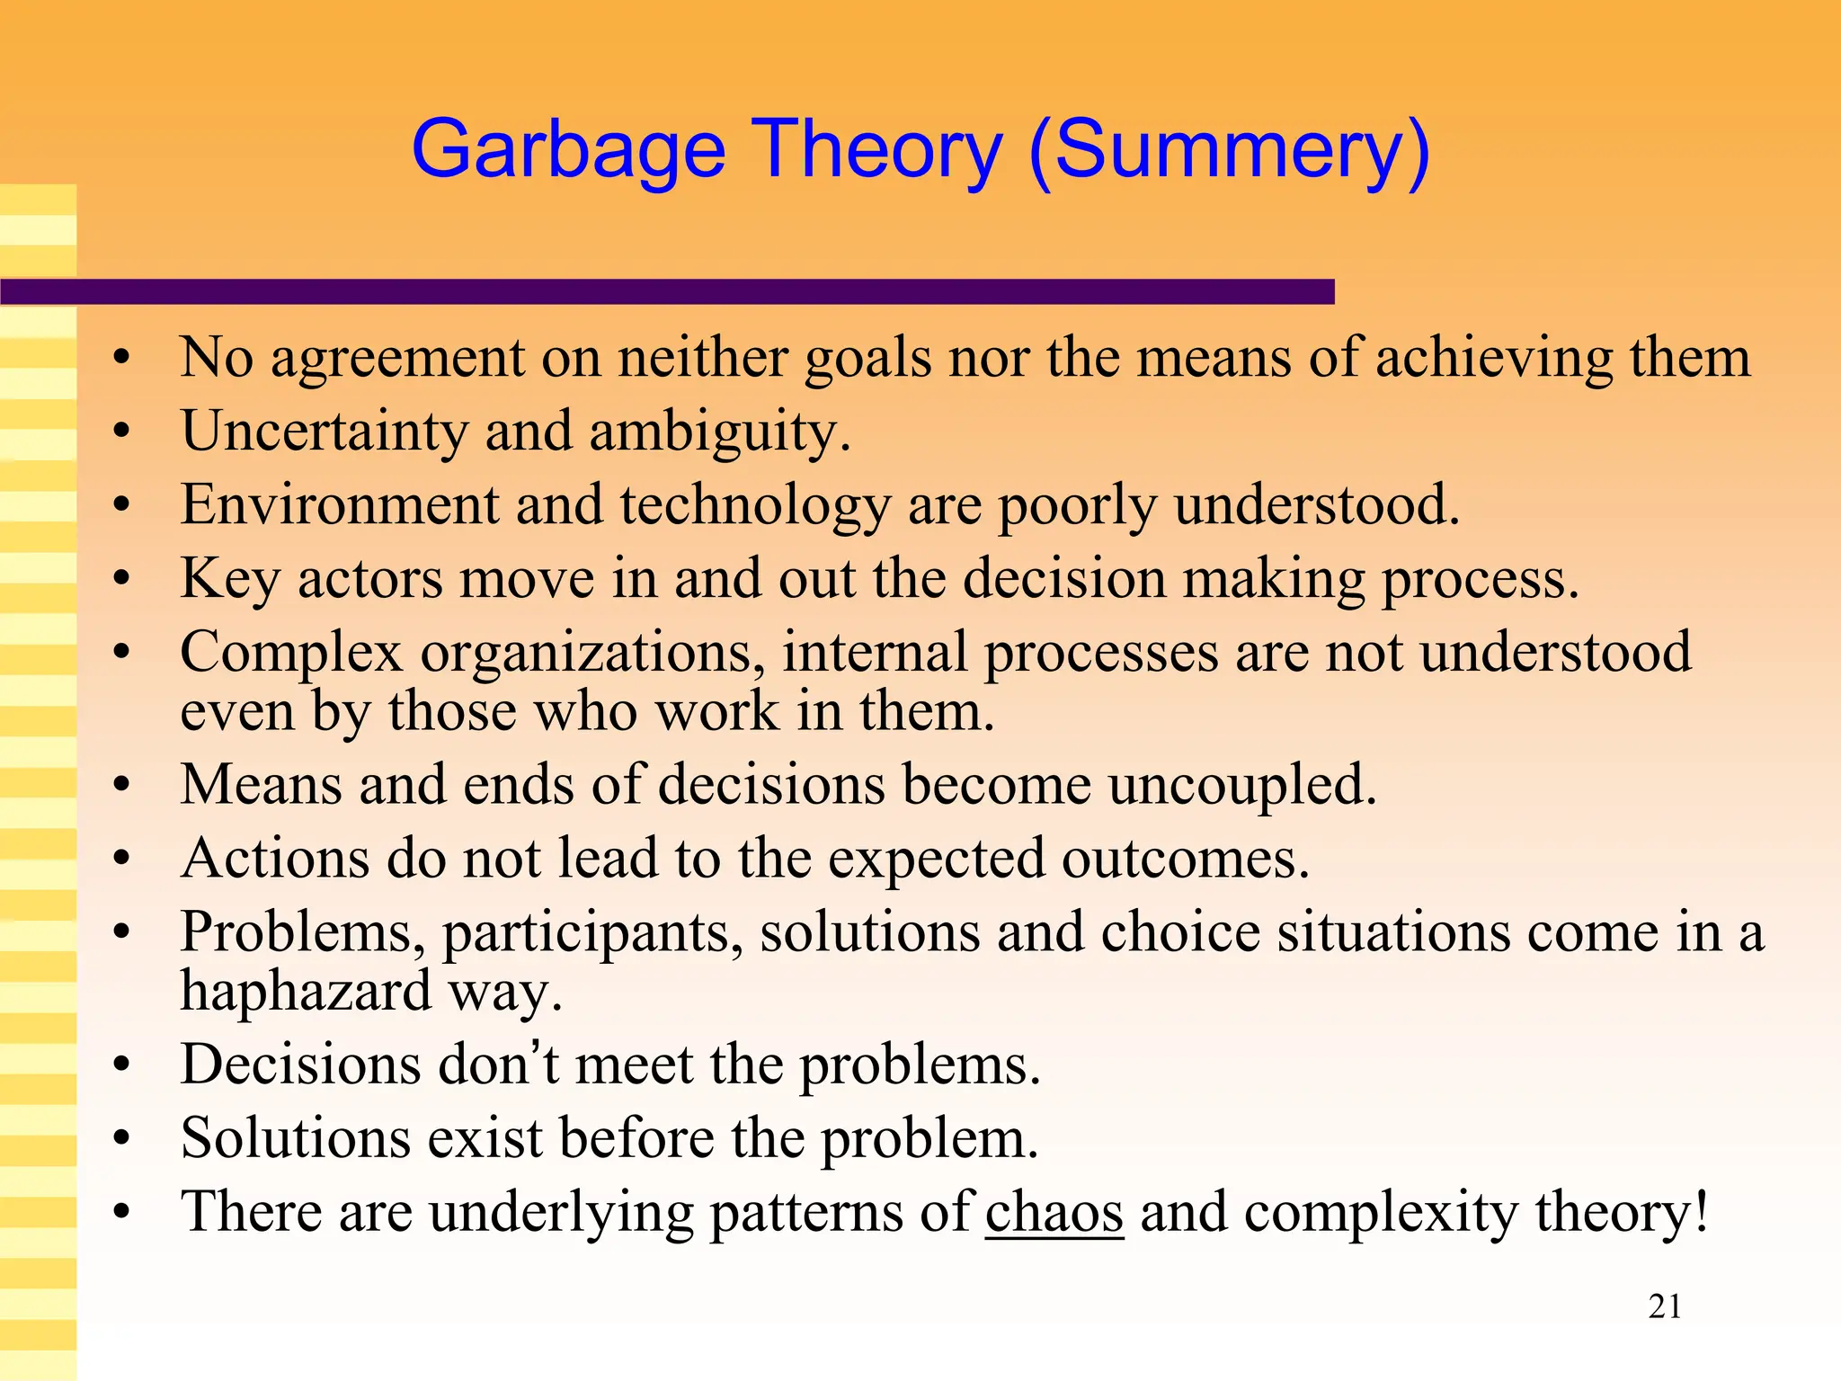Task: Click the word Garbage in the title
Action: click(568, 151)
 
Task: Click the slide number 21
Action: click(1665, 1306)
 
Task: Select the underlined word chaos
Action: click(1054, 1211)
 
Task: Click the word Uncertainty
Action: click(325, 431)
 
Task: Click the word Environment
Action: click(339, 504)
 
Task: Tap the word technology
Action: click(754, 506)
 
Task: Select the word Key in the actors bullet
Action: click(230, 579)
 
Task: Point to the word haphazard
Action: click(306, 991)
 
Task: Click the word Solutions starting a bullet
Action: click(296, 1137)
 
